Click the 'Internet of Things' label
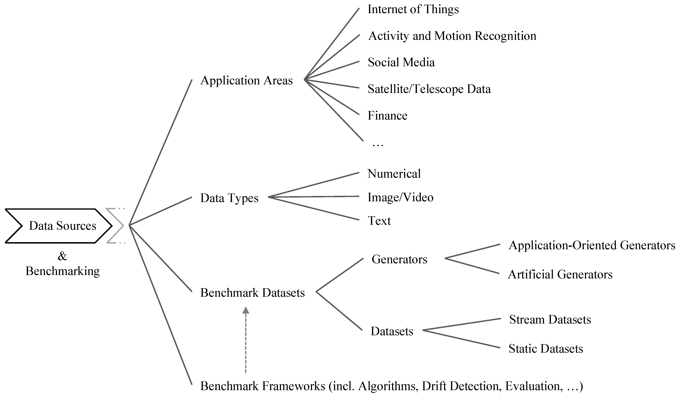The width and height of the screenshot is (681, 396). click(413, 9)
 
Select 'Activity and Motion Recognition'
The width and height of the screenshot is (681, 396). click(452, 36)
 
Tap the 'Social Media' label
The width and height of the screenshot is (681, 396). click(401, 63)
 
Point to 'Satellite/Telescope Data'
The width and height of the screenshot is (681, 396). click(429, 89)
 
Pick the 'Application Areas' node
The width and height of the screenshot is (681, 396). click(247, 81)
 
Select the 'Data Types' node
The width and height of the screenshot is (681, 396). click(229, 198)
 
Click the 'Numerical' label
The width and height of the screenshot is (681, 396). click(394, 174)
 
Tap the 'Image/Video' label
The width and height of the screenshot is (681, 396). click(400, 197)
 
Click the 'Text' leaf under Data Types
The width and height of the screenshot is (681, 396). click(379, 221)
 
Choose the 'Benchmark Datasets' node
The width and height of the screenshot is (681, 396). click(252, 293)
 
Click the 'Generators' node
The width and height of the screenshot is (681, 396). click(399, 259)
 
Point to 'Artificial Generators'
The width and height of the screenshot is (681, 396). click(560, 274)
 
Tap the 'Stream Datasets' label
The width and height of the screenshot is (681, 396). click(550, 319)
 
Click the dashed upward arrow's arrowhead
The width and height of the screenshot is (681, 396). click(245, 310)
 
